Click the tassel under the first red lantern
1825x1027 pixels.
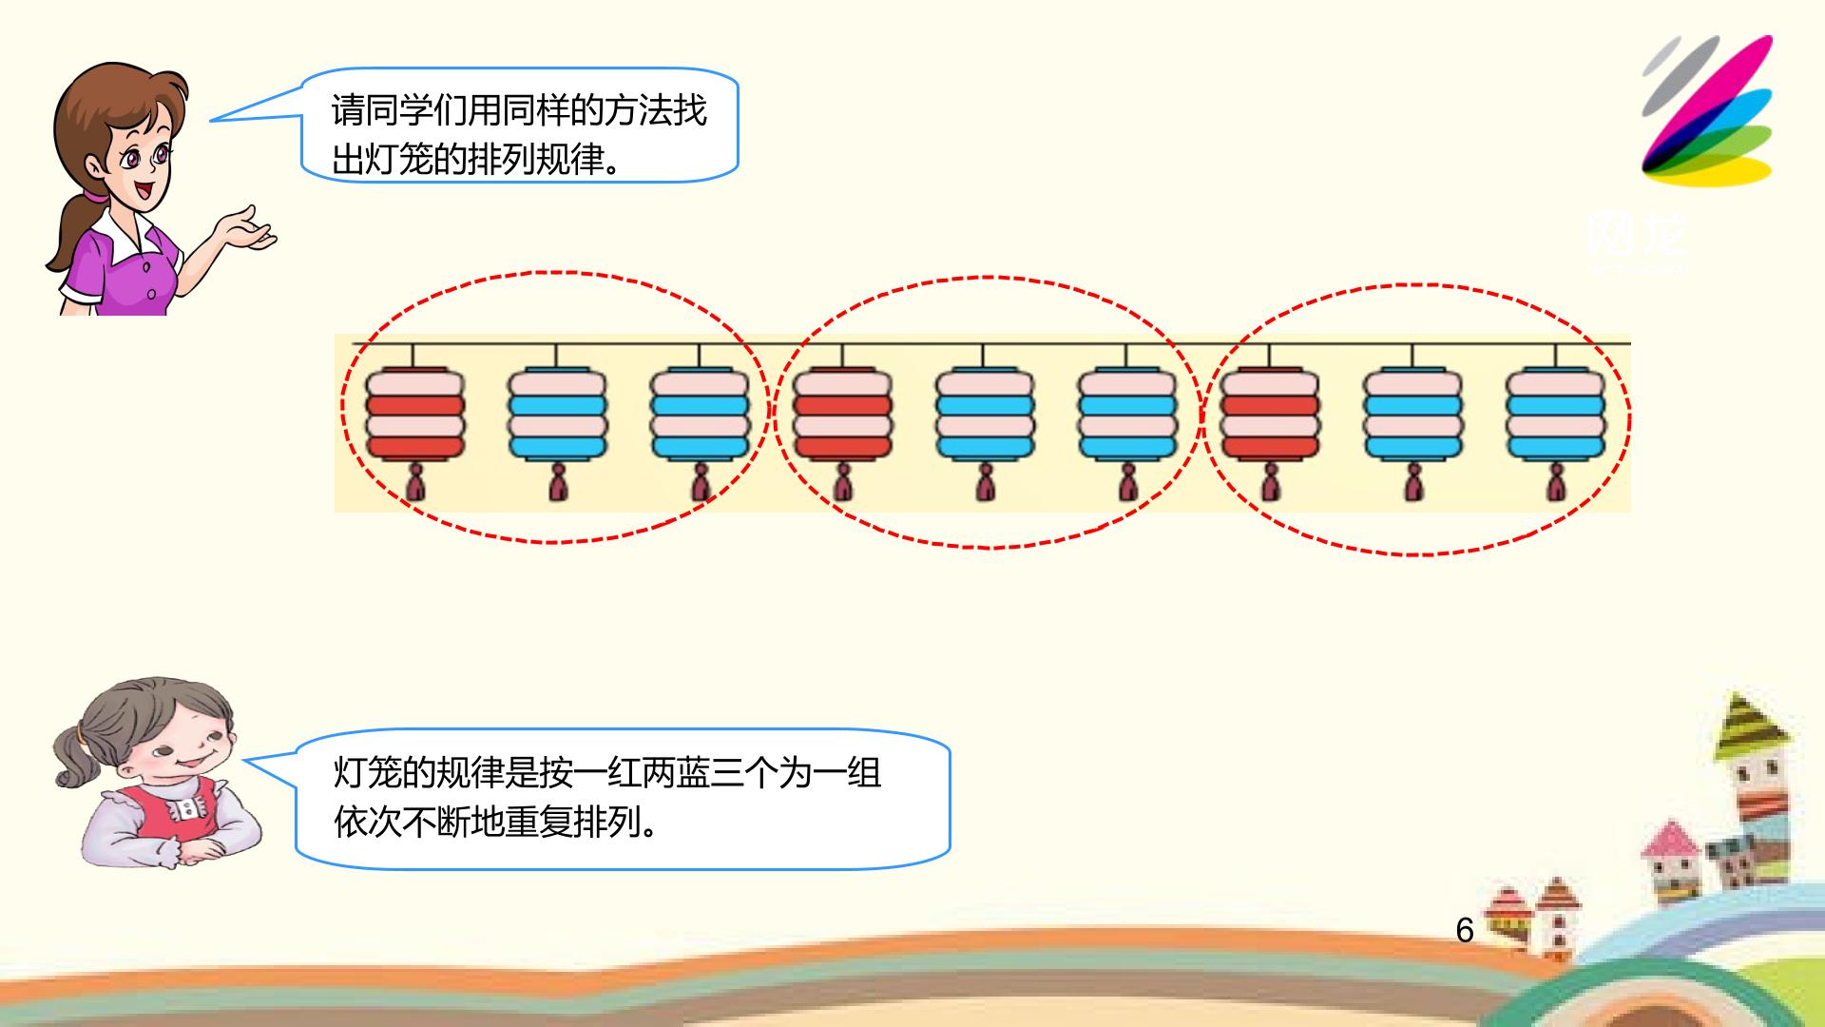click(x=415, y=483)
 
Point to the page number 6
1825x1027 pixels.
click(x=1465, y=930)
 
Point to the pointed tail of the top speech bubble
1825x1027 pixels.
click(x=211, y=120)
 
